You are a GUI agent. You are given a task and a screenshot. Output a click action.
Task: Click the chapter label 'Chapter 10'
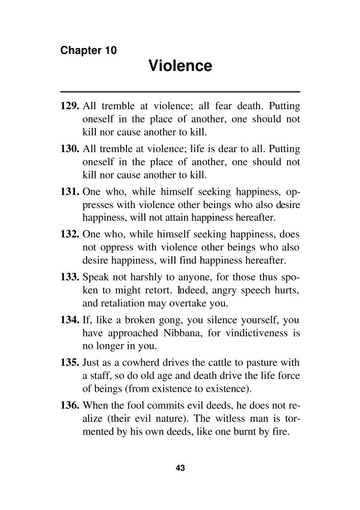[89, 50]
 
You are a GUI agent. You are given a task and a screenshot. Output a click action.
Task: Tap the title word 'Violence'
[180, 66]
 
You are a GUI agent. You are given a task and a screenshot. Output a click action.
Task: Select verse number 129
[69, 107]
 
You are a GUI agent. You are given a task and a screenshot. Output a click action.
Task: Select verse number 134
[69, 320]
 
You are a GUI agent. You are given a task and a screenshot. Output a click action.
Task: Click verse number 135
[69, 363]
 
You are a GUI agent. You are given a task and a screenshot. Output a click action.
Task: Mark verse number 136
[69, 406]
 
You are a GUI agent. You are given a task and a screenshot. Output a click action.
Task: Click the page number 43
[179, 468]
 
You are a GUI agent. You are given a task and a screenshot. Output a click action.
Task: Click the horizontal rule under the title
[180, 91]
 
